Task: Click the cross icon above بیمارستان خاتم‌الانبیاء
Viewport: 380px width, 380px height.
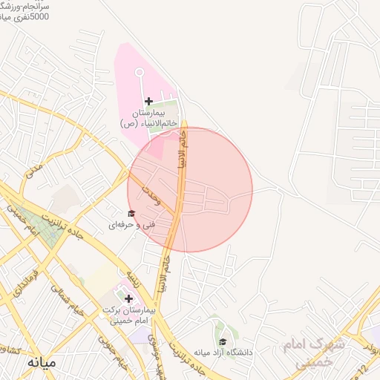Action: [x=148, y=101]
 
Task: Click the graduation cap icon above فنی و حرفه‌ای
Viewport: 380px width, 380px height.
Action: [x=131, y=214]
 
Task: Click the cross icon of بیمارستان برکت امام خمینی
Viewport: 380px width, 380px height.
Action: [x=128, y=298]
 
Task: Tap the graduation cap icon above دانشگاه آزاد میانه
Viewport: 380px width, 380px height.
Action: [x=222, y=341]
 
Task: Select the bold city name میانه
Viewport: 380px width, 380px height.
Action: [x=41, y=363]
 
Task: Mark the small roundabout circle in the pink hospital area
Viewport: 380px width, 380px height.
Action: [x=139, y=73]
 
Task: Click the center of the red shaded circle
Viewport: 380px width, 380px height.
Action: [x=190, y=189]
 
